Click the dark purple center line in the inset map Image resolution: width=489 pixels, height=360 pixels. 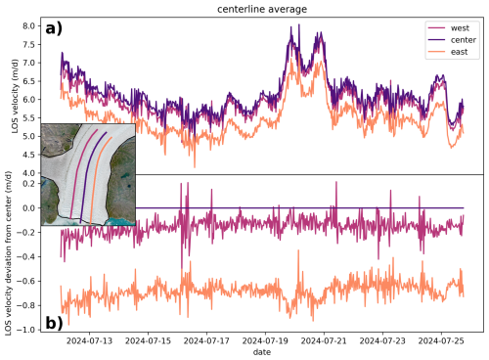click(85, 181)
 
